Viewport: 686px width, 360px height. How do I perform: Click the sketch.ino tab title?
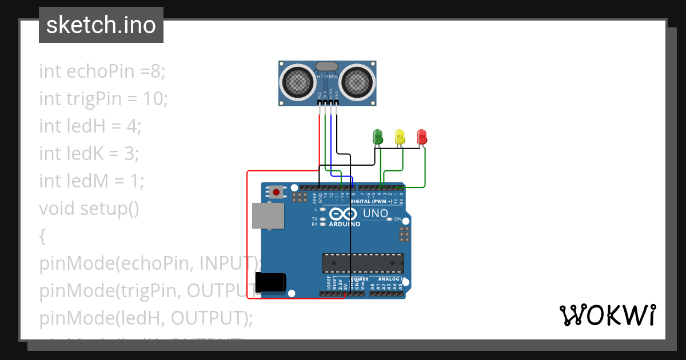tap(101, 25)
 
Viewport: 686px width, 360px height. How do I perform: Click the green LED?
tap(377, 137)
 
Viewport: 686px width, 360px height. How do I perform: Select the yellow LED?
tap(400, 137)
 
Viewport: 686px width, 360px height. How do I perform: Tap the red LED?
tap(422, 137)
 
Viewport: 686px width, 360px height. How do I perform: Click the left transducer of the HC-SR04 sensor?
tap(298, 82)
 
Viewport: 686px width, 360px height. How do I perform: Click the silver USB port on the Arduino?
tap(268, 215)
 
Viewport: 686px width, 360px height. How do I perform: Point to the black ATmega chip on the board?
tap(363, 263)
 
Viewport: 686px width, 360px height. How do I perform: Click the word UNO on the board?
tap(375, 214)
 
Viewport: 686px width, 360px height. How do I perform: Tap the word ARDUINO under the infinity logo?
tap(345, 225)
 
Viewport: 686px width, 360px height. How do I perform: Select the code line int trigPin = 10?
tap(103, 99)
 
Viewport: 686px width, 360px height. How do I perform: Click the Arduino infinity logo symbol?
tap(343, 214)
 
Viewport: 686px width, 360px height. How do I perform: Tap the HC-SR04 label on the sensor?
tap(328, 77)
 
